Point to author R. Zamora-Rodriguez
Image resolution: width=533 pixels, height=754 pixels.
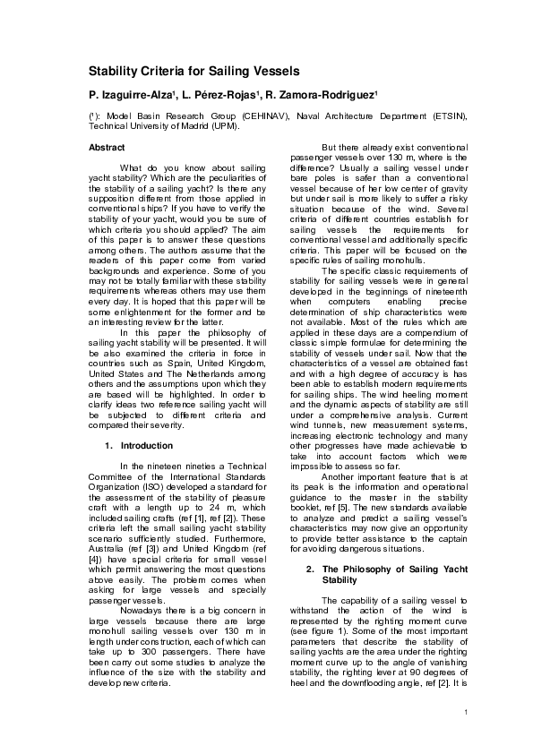click(x=322, y=94)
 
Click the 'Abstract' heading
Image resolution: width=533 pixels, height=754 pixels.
click(x=107, y=147)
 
